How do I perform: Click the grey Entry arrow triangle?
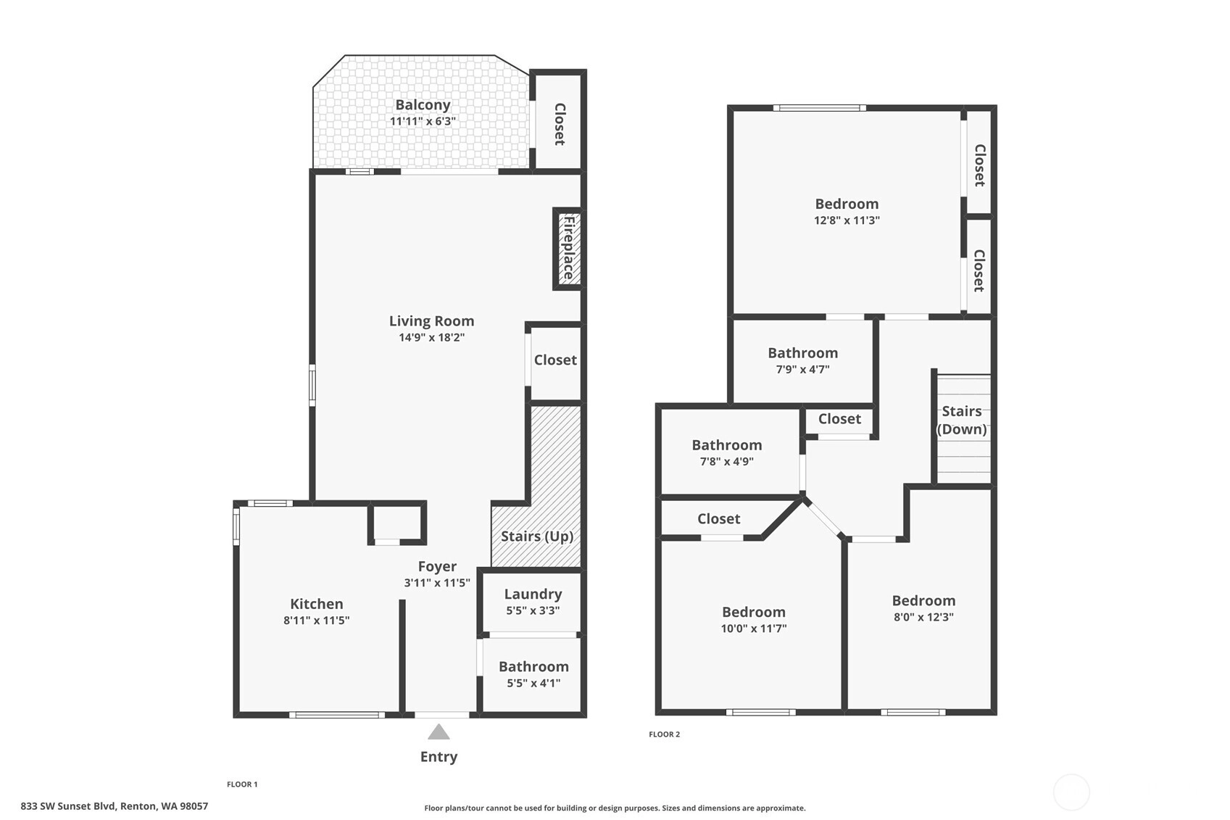pyautogui.click(x=439, y=732)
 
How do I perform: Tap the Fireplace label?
pyautogui.click(x=569, y=248)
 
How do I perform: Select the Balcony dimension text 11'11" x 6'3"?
pyautogui.click(x=423, y=121)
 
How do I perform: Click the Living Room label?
pyautogui.click(x=431, y=320)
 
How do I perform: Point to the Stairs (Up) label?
pyautogui.click(x=537, y=536)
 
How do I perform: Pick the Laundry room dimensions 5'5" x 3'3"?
pyautogui.click(x=533, y=610)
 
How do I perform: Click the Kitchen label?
pyautogui.click(x=317, y=604)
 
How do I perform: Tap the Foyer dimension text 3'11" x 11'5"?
pyautogui.click(x=437, y=583)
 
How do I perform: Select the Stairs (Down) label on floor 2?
pyautogui.click(x=962, y=421)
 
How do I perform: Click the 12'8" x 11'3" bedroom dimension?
pyautogui.click(x=847, y=220)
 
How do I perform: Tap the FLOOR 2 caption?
pyautogui.click(x=665, y=734)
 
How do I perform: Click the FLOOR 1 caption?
pyautogui.click(x=242, y=784)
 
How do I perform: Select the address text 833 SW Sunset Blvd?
pyautogui.click(x=68, y=806)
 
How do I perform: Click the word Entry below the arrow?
pyautogui.click(x=439, y=757)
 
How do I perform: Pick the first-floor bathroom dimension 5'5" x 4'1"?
pyautogui.click(x=533, y=683)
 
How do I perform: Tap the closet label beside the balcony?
pyautogui.click(x=560, y=124)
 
